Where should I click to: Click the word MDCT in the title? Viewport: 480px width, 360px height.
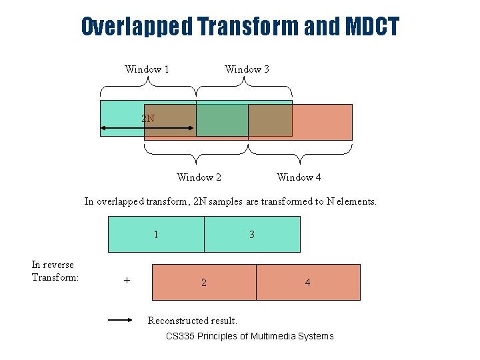[372, 27]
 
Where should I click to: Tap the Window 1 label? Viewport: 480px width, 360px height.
[147, 69]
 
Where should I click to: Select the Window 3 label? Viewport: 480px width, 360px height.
[247, 69]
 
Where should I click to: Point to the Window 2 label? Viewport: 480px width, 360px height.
[199, 177]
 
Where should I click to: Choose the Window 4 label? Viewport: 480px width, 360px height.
[299, 177]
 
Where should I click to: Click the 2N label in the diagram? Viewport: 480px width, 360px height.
[148, 119]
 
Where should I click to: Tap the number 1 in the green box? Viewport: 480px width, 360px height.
[156, 235]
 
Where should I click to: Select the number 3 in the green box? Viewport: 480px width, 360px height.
[252, 235]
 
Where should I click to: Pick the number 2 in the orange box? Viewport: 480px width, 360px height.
[204, 283]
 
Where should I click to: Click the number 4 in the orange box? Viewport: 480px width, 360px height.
[307, 283]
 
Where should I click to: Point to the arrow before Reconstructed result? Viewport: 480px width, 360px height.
[121, 320]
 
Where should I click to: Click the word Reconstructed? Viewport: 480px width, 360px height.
[177, 321]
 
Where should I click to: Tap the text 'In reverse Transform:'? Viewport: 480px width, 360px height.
[55, 271]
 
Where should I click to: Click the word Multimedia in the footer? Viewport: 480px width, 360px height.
[273, 336]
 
